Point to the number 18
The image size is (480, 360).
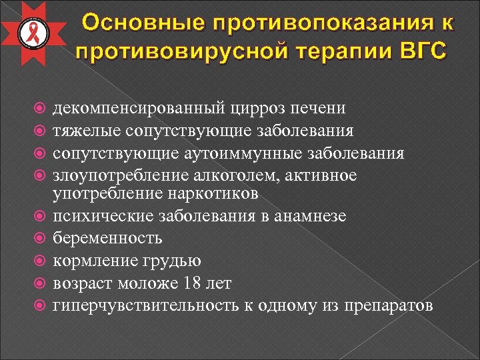click(190, 283)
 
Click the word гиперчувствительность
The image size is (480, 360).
click(148, 306)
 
